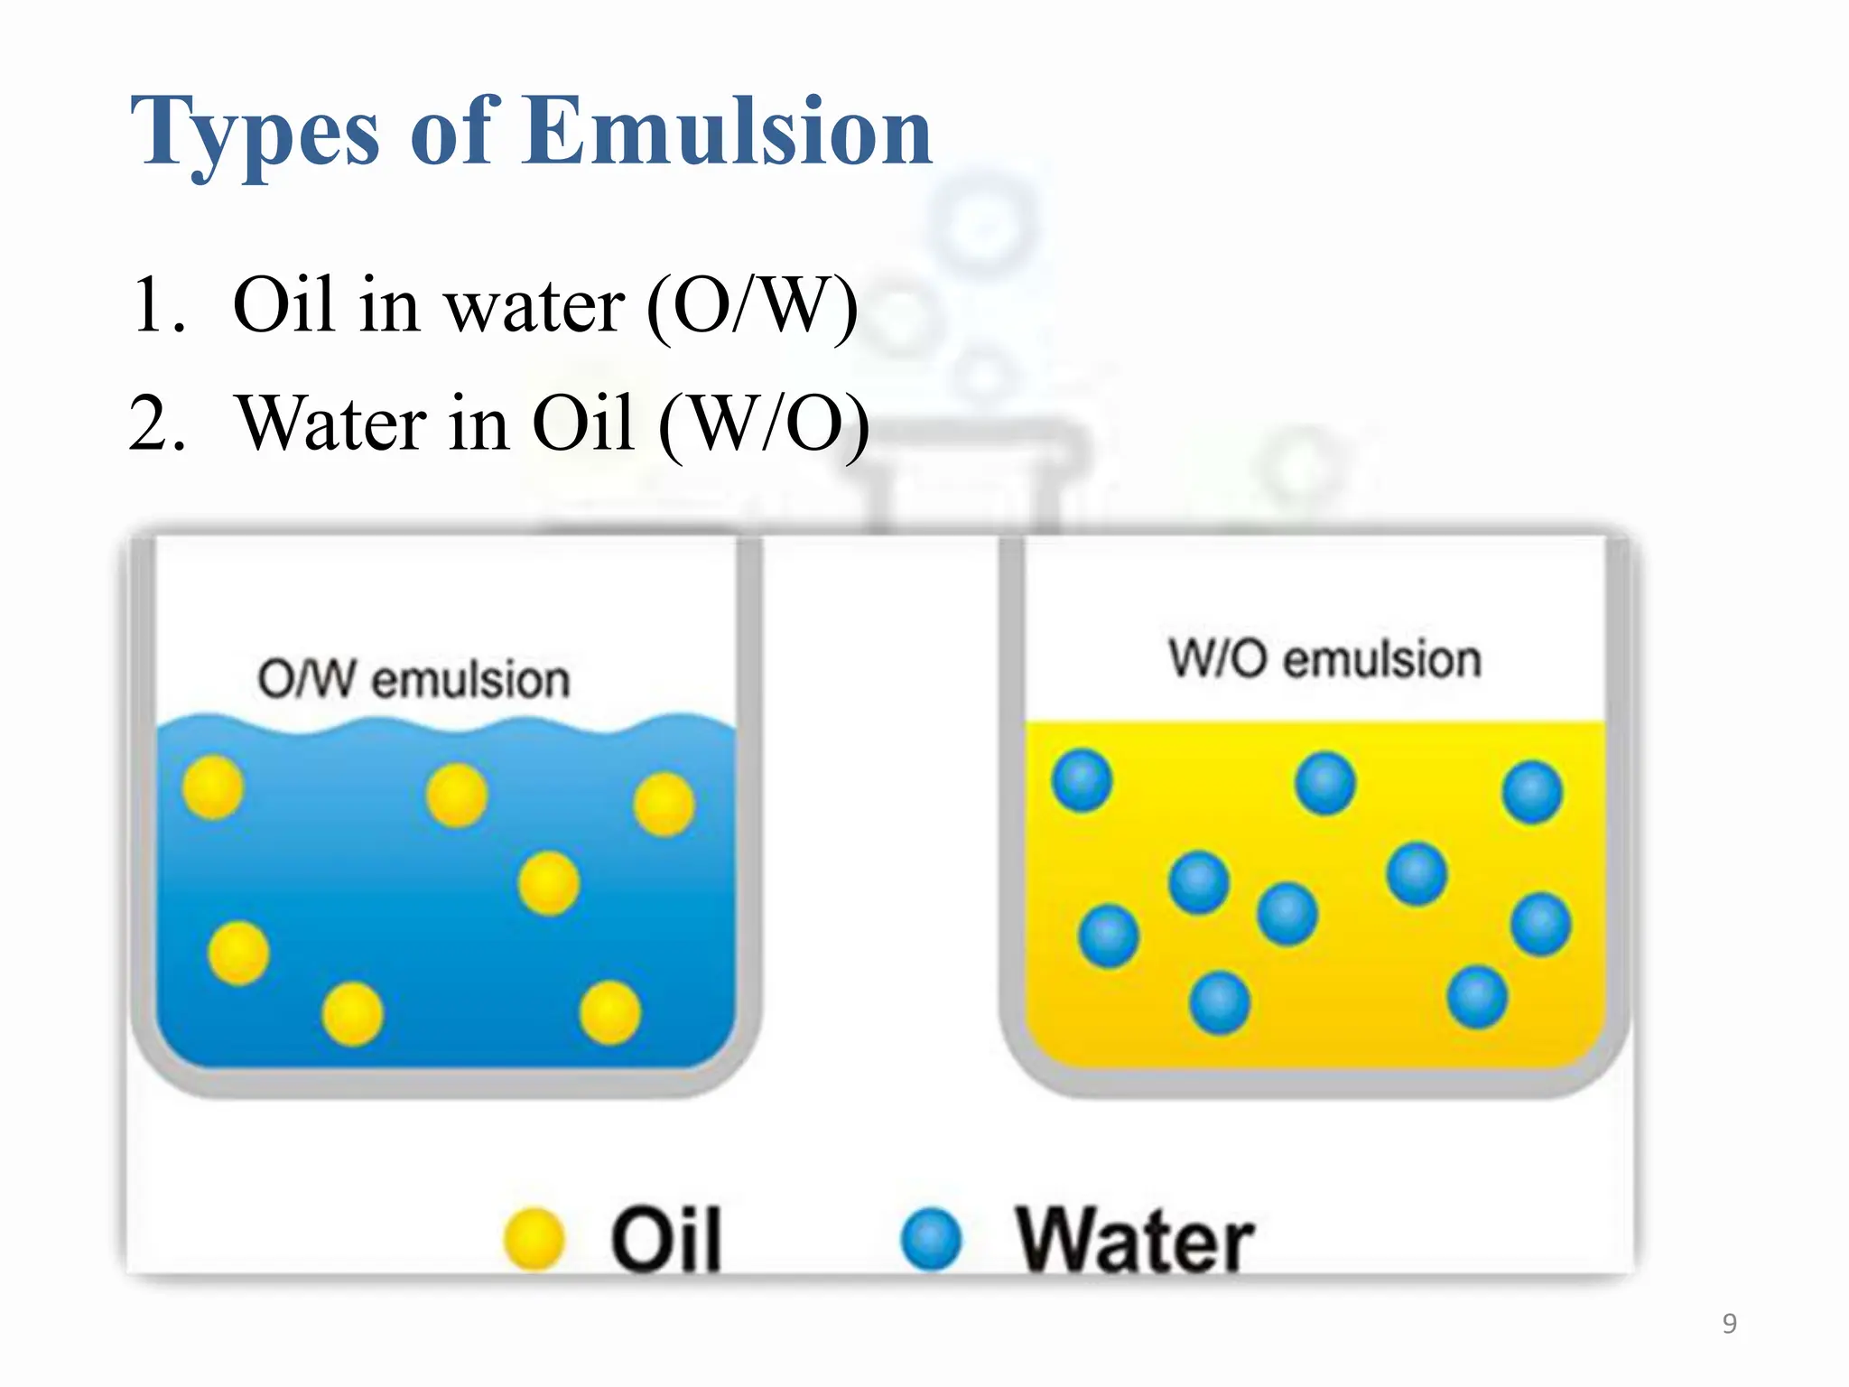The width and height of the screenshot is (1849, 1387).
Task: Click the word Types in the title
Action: click(254, 134)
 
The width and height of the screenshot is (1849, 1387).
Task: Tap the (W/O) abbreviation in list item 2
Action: click(764, 424)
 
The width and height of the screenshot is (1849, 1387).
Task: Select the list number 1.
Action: click(155, 305)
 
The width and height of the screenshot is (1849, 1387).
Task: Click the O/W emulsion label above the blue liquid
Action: click(413, 679)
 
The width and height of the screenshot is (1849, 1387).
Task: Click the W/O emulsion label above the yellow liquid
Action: click(1324, 658)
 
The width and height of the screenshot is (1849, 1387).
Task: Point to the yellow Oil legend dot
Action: click(534, 1239)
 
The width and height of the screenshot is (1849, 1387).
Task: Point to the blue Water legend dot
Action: click(932, 1239)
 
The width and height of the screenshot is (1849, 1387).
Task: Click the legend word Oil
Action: click(666, 1240)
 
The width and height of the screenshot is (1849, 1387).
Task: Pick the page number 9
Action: click(1729, 1323)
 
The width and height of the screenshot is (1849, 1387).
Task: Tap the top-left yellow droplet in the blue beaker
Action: click(213, 787)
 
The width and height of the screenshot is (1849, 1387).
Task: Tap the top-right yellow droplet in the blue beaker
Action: click(664, 804)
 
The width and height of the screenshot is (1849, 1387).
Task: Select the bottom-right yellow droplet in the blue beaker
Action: click(610, 1012)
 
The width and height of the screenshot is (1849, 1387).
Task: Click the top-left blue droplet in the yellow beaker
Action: click(1082, 780)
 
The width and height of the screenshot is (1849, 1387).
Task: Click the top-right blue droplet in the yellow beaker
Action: click(1532, 792)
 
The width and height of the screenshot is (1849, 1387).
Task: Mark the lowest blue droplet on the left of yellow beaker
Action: click(1220, 1002)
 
